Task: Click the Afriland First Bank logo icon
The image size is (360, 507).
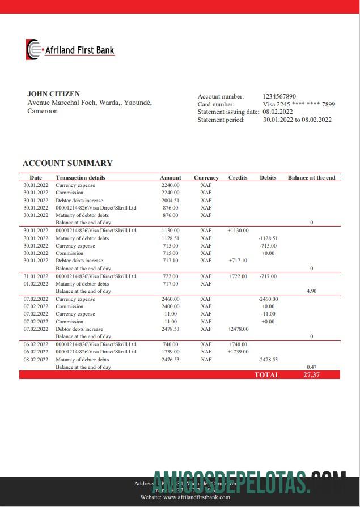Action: point(33,49)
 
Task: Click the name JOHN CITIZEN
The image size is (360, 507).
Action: point(53,94)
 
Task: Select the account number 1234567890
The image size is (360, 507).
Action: point(279,97)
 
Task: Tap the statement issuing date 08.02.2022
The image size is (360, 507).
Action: point(277,112)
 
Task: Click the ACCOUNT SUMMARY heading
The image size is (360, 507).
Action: point(67,163)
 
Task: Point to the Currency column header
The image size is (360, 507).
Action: point(206,177)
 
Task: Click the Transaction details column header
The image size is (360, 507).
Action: point(81,177)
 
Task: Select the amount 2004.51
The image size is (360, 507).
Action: point(170,200)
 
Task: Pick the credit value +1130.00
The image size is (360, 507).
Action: point(238,231)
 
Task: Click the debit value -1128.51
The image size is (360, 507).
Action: point(268,238)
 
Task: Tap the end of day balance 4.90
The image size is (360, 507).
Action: point(311,291)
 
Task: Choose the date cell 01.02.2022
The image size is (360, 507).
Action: point(36,284)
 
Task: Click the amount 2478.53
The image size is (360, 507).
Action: point(170,329)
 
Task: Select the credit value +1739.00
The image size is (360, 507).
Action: point(238,352)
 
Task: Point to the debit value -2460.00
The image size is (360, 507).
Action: point(268,299)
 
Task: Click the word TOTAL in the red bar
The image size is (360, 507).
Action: point(267,375)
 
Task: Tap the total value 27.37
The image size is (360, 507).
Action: point(311,375)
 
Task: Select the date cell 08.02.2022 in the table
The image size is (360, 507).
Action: point(36,359)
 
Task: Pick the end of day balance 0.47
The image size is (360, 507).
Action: point(311,367)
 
